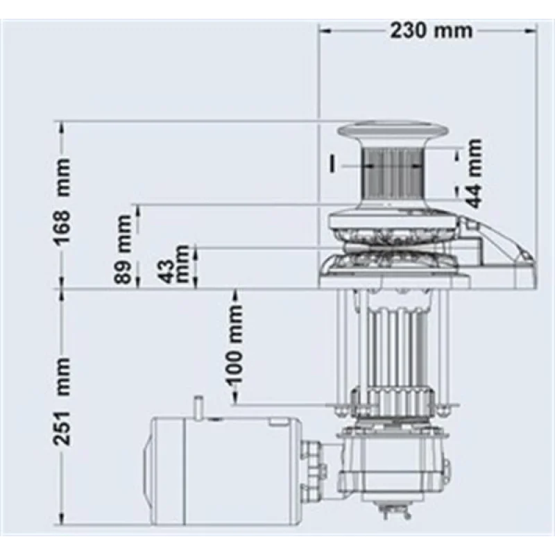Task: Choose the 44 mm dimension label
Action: point(473,173)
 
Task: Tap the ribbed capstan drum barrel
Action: point(393,173)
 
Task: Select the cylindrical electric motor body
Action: point(222,465)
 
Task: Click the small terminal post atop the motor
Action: point(197,406)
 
